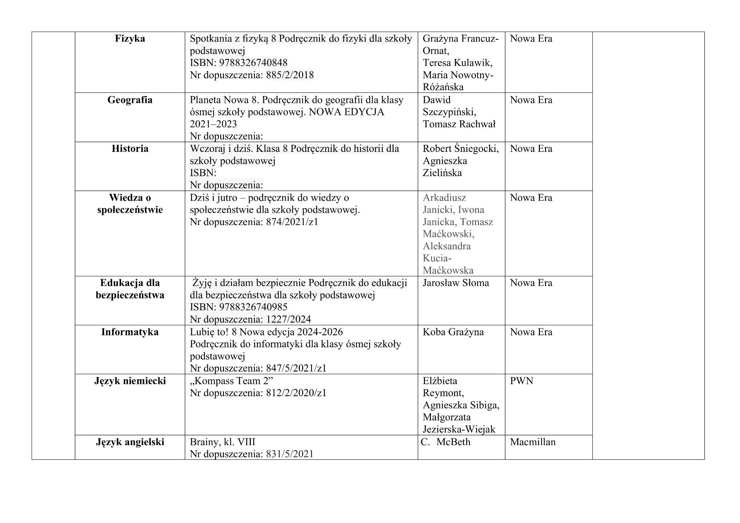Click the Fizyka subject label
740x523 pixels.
(130, 39)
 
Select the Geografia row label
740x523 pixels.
(130, 100)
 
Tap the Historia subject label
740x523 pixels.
(130, 149)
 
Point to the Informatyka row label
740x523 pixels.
(130, 332)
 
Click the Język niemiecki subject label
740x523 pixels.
(130, 381)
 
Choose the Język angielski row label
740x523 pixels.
(130, 442)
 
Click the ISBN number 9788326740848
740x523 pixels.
(253, 63)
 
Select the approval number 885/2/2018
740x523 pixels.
(290, 75)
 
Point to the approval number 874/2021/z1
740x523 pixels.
(292, 222)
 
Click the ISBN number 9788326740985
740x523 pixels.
(253, 308)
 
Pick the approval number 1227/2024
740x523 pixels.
(288, 320)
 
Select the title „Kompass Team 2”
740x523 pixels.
(231, 381)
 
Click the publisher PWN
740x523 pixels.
(521, 381)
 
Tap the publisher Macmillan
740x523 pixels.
(533, 442)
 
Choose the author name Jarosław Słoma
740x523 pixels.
(456, 283)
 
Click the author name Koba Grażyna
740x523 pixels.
(453, 332)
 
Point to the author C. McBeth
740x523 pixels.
(446, 442)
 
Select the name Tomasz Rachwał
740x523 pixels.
(459, 124)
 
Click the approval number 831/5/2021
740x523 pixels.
(289, 454)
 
